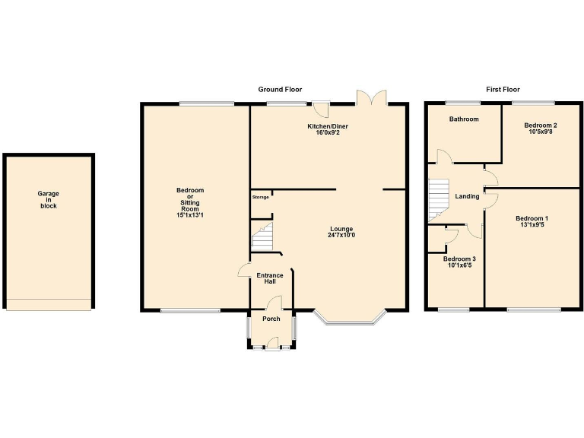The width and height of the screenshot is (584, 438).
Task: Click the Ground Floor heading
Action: (281, 90)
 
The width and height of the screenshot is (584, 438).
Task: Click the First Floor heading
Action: (503, 90)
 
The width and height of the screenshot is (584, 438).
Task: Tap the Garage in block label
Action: (49, 200)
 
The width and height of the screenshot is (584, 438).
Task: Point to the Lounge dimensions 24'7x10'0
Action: (341, 235)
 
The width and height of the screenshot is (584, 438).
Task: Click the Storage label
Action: (261, 197)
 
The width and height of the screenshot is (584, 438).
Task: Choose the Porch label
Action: (271, 319)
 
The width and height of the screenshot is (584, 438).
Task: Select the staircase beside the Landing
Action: (438, 199)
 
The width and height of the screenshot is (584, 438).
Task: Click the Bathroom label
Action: (463, 119)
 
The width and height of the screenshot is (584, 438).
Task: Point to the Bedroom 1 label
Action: (532, 219)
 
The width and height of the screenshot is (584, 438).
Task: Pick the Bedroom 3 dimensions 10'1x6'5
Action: (459, 265)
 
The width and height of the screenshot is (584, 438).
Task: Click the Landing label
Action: (467, 197)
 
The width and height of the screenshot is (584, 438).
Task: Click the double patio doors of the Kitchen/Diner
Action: (373, 97)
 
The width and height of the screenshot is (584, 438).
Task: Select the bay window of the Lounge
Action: (351, 319)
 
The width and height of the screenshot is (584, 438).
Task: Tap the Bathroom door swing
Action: (443, 157)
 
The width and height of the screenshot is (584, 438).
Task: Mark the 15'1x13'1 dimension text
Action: (190, 215)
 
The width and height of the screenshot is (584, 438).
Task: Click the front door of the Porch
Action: (272, 346)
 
